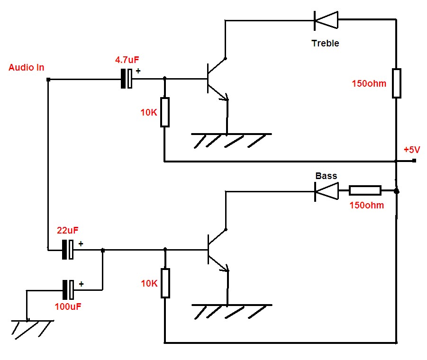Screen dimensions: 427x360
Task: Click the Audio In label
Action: point(27,67)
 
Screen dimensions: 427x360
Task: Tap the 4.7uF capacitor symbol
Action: point(127,78)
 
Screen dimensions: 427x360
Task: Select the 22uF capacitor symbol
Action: point(68,249)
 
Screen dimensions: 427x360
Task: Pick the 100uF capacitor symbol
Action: point(68,290)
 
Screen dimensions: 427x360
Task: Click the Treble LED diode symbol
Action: point(326,20)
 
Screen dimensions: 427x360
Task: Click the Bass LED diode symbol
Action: point(327,191)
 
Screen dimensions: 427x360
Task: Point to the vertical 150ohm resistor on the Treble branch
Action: point(397,83)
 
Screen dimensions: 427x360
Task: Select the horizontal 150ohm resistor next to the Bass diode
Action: point(365,190)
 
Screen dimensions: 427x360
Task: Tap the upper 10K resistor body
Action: point(164,112)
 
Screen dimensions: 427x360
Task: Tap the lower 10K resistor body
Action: point(165,283)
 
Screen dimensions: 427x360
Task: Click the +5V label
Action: point(412,150)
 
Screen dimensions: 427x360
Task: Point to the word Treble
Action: point(325,43)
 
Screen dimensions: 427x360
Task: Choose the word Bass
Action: point(326,176)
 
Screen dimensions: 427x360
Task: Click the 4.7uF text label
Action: point(127,60)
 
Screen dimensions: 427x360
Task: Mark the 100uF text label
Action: point(68,306)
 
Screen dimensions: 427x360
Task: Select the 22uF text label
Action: point(68,231)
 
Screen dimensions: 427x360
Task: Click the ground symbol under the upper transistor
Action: point(231,140)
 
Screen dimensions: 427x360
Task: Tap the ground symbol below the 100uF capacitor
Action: point(32,330)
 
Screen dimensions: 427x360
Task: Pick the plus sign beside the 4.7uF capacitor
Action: point(138,71)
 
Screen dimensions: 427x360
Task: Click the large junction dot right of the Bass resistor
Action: point(397,191)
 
